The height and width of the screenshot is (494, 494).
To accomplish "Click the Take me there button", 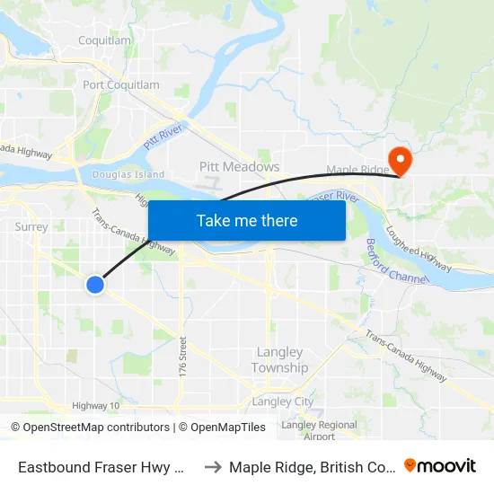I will (x=247, y=220).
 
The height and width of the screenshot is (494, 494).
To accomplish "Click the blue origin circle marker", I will (x=95, y=285).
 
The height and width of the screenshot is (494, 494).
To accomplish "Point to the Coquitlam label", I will (x=105, y=40).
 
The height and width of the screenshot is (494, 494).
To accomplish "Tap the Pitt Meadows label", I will (x=239, y=167).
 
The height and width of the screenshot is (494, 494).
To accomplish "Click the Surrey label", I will (x=31, y=226).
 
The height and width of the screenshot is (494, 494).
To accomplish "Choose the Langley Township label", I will (x=278, y=360).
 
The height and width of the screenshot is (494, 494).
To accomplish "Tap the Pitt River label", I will (x=163, y=137).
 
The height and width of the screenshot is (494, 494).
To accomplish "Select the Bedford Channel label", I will (x=396, y=261).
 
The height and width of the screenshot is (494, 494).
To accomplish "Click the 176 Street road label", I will (x=183, y=357).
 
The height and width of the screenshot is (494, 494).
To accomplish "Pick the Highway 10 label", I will (x=96, y=406).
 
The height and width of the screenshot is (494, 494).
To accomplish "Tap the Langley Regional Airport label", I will (x=319, y=430).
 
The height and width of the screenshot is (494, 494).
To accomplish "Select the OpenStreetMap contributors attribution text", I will (x=90, y=428).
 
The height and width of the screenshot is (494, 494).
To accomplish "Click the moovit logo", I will (x=440, y=466).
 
